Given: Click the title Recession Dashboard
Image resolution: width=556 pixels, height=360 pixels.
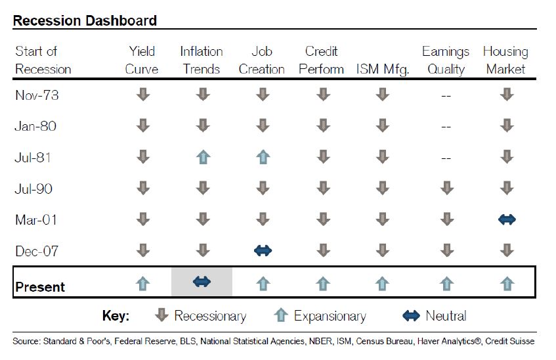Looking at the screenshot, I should click(85, 20).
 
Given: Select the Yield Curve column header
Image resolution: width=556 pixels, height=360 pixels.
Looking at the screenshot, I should click(142, 60).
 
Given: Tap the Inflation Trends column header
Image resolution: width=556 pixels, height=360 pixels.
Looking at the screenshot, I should click(202, 60).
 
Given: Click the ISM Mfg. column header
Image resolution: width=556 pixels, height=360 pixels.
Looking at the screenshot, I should click(382, 69).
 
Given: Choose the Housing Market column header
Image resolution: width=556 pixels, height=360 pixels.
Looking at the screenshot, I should click(505, 60).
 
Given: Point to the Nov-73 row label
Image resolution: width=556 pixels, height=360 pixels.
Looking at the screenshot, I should click(37, 95).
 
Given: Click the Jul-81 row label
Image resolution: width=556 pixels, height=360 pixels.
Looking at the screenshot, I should click(33, 158).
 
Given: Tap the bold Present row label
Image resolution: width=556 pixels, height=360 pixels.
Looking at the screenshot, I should click(40, 287).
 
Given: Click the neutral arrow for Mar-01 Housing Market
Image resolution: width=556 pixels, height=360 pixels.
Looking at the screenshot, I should click(506, 219).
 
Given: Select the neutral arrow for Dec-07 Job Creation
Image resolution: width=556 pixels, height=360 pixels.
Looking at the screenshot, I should click(262, 250).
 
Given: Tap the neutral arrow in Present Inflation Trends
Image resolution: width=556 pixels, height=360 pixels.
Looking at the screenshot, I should click(202, 282).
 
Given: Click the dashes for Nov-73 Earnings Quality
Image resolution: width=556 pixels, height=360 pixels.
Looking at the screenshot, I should click(446, 96).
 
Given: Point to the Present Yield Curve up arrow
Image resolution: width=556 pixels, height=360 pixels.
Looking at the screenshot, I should click(142, 283).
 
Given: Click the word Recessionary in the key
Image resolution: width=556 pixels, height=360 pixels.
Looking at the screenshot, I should click(210, 316).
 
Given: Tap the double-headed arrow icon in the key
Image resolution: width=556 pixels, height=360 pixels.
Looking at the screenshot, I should click(410, 316).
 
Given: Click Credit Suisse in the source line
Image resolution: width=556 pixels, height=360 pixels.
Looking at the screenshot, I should click(513, 342).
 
